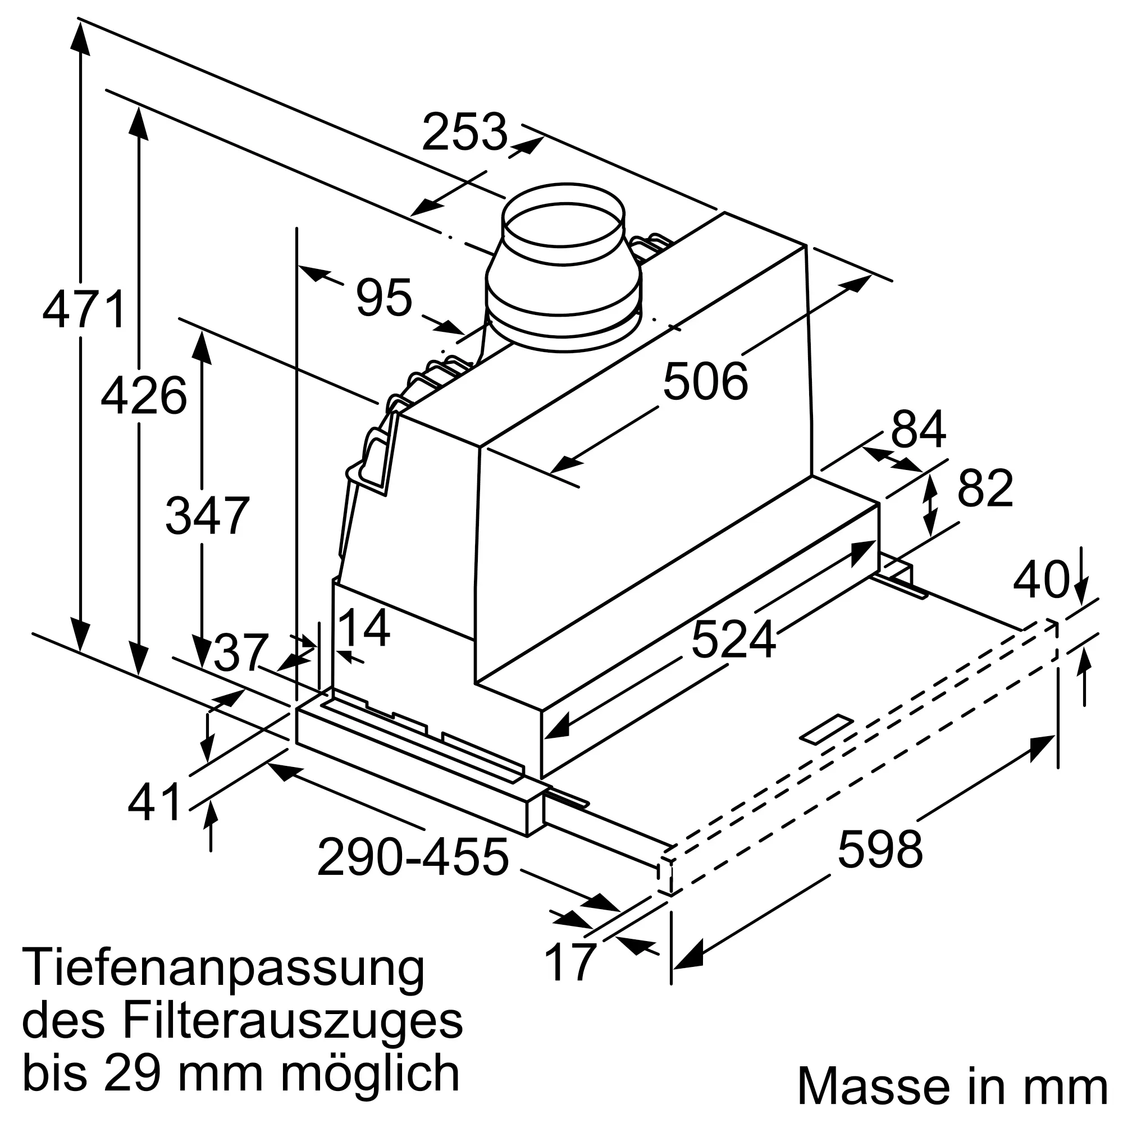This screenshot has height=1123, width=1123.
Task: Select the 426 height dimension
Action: pos(144,396)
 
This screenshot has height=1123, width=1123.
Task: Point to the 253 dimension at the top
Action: pos(464,133)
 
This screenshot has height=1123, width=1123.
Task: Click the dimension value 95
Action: pos(384,298)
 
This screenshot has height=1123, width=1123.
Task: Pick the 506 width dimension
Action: pos(705,382)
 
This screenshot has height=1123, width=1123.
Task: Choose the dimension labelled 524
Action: pos(733,640)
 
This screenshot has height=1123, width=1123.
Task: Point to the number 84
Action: pos(919,429)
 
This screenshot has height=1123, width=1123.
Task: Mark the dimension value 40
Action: pos(1040,579)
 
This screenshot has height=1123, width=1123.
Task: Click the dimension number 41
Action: pos(154,803)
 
